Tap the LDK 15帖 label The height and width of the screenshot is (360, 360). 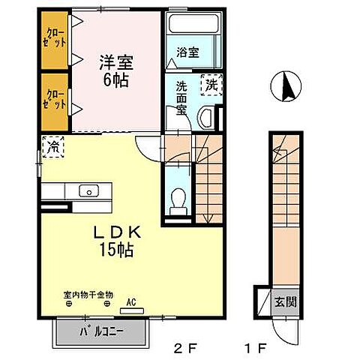point(114,241)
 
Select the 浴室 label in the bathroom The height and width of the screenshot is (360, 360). point(187,52)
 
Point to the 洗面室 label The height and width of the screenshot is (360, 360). point(182,96)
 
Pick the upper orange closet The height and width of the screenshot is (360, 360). point(55,38)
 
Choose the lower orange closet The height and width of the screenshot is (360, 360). point(55,100)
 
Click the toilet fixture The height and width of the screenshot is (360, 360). point(179,199)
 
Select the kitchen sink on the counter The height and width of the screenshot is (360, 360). point(90,190)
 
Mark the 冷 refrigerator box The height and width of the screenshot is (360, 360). point(54,146)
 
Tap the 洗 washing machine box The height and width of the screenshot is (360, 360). point(212,86)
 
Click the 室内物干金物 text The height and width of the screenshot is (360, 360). point(88,295)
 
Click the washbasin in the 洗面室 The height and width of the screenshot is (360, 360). point(207,117)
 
